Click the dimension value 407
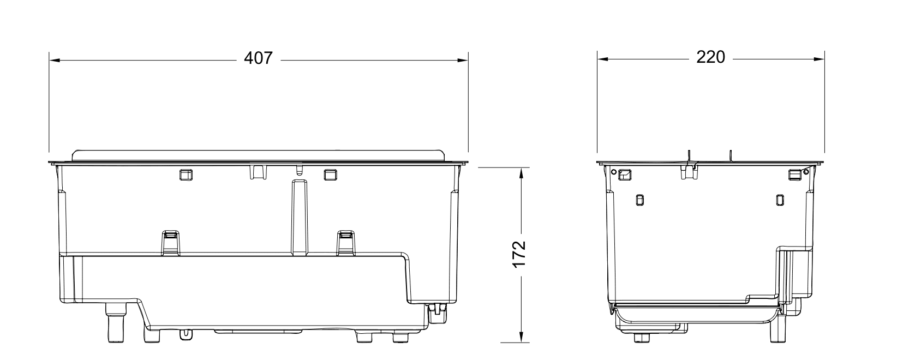click(258, 58)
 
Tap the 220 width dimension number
click(711, 57)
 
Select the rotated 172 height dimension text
click(519, 254)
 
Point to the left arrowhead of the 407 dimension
click(55, 61)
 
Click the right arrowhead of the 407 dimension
click(463, 61)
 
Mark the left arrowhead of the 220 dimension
click(603, 59)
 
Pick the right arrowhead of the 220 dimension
click(819, 59)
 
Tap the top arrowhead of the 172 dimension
click(521, 173)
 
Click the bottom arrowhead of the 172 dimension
click(521, 337)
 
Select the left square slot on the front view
click(186, 175)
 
